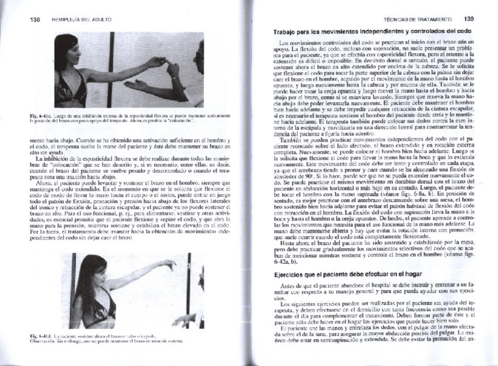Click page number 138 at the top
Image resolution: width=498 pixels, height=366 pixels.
click(35, 19)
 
